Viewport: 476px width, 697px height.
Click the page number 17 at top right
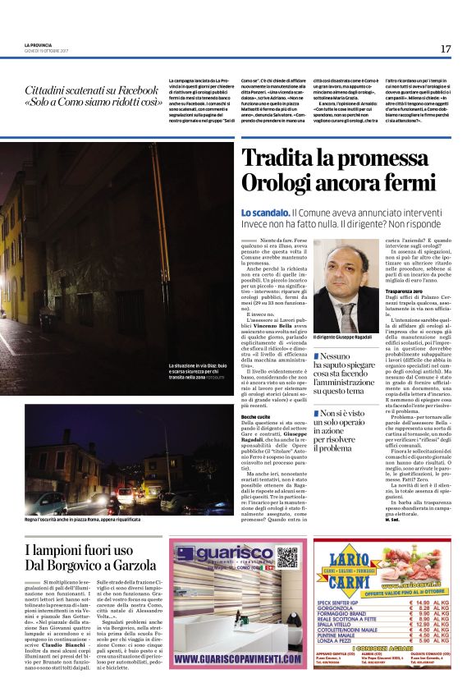pos(446,49)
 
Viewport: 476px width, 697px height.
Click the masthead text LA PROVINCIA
pos(39,44)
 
